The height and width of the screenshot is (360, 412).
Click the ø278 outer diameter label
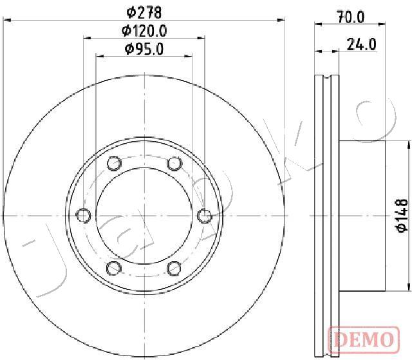tap(144, 12)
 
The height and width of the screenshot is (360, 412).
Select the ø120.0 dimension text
tap(144, 32)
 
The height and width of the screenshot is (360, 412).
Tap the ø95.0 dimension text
tap(144, 49)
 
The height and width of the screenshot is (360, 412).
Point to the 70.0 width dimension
tap(351, 17)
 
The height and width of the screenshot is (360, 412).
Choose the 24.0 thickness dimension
tap(362, 44)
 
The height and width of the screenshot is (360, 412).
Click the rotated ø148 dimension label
tap(402, 216)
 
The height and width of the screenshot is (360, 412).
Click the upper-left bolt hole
tap(114, 163)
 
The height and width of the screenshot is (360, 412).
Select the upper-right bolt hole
tap(174, 164)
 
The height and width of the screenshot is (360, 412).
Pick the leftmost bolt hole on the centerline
tap(83, 216)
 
